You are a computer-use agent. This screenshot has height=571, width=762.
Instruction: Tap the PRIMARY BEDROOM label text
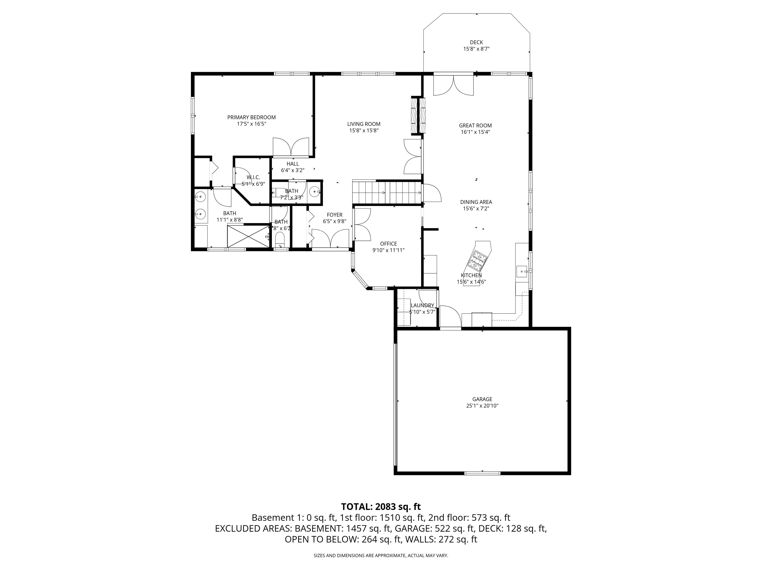click(x=252, y=117)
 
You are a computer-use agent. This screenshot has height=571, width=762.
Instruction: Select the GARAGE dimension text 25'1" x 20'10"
click(x=482, y=406)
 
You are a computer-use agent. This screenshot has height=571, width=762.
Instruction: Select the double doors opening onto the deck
click(x=453, y=85)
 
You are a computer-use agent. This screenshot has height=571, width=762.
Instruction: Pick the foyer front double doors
click(x=330, y=238)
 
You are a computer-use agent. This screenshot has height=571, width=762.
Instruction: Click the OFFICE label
click(x=389, y=244)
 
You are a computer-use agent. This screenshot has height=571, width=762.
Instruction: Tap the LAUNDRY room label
click(x=422, y=305)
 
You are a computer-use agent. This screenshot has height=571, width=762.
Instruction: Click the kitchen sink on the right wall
click(x=522, y=271)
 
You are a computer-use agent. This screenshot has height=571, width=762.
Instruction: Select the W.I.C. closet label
click(x=253, y=177)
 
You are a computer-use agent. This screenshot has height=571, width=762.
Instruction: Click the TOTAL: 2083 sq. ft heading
click(x=381, y=507)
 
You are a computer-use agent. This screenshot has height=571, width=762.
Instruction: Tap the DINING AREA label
click(x=476, y=202)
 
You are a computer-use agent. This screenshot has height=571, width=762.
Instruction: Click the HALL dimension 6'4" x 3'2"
click(x=292, y=170)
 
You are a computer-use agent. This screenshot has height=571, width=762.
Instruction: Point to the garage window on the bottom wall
click(x=482, y=473)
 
